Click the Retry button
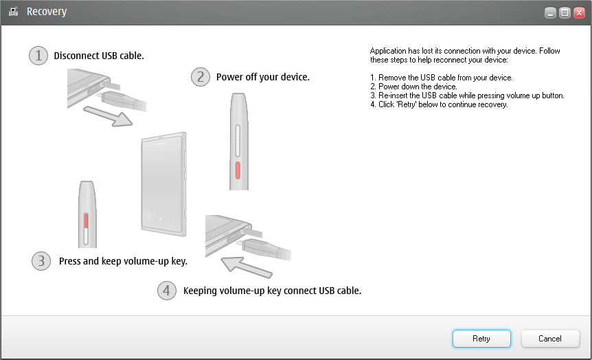[x=481, y=339]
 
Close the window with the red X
[x=579, y=13]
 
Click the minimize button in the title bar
[x=550, y=13]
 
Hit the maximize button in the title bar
[x=565, y=13]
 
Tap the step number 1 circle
[x=38, y=56]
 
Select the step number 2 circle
[x=201, y=77]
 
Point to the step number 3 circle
[x=41, y=261]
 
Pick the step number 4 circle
[x=166, y=291]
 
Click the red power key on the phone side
[x=238, y=170]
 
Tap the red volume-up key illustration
[x=86, y=221]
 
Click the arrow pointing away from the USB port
[x=108, y=115]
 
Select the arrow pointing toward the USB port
[x=246, y=267]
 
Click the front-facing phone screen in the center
[x=163, y=184]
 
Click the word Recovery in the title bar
[x=47, y=12]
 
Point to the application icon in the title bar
[x=14, y=12]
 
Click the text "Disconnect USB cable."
[x=99, y=56]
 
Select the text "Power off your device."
[x=263, y=77]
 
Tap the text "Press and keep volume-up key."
[x=123, y=261]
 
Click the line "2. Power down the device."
[x=413, y=87]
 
